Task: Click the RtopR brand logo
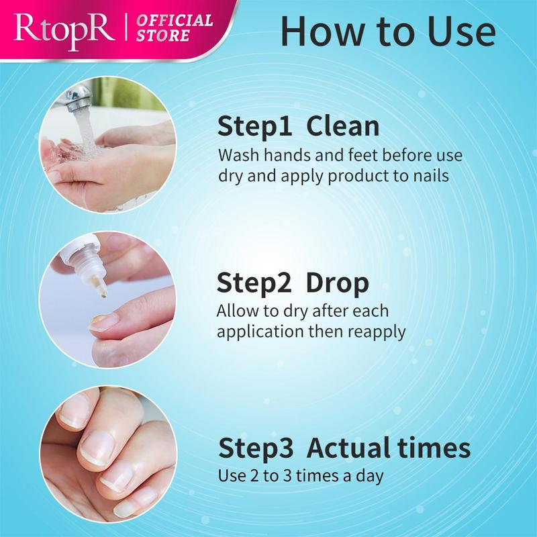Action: (64, 31)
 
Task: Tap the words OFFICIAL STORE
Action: (175, 28)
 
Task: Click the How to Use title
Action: (388, 31)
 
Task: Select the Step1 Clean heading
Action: (298, 127)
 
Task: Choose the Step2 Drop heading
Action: (293, 283)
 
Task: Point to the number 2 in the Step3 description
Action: (254, 476)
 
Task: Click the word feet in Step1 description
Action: (363, 155)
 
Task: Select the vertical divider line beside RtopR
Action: (126, 27)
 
